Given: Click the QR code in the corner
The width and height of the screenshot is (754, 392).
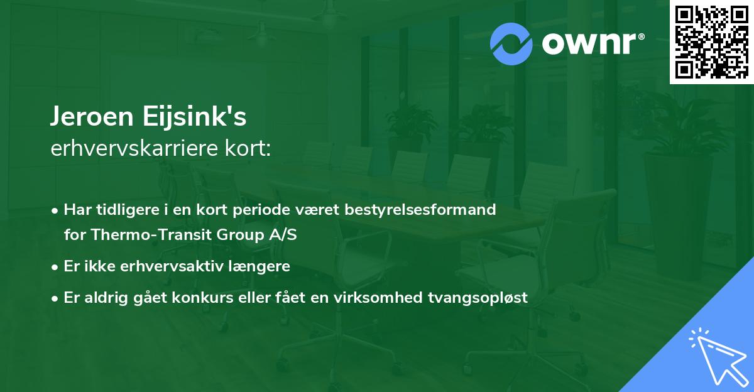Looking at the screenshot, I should click(711, 41).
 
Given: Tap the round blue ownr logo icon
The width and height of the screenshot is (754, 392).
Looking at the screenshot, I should click(511, 43).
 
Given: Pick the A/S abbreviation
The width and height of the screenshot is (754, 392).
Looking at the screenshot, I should click(281, 235).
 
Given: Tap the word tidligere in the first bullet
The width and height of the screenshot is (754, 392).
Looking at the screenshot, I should click(122, 210).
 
